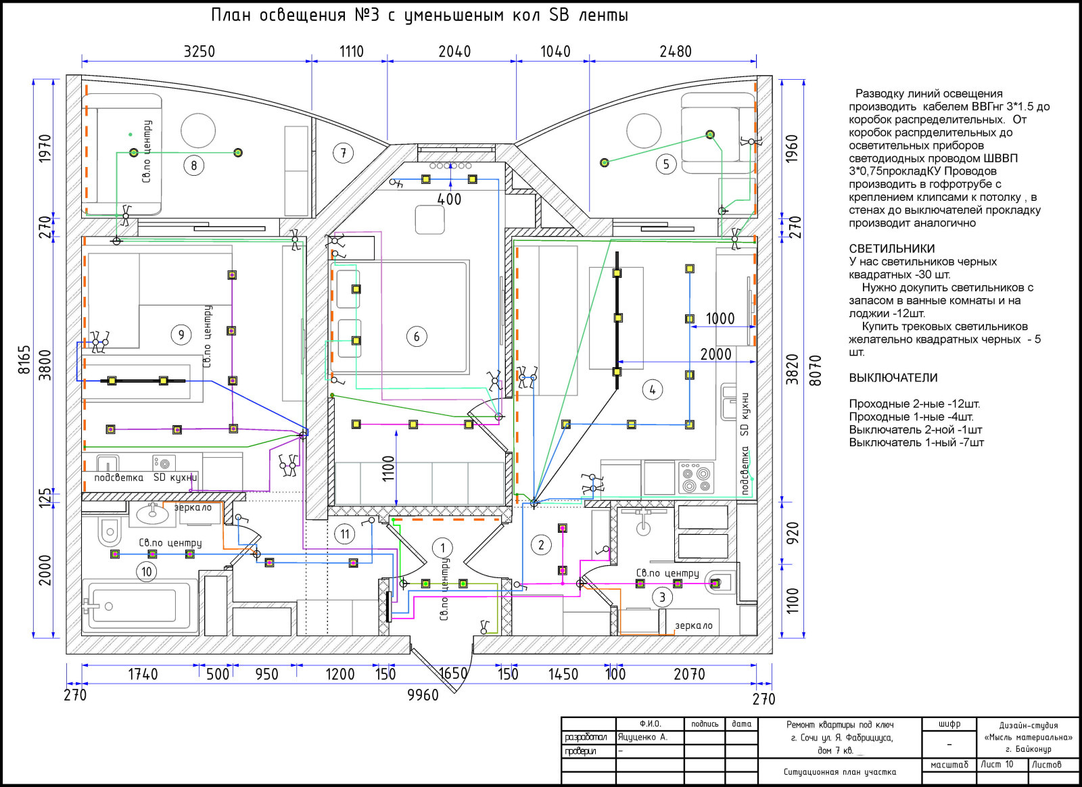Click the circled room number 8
(193, 166)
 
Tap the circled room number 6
(417, 337)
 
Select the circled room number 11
(345, 534)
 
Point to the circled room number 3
(662, 597)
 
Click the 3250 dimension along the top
(199, 51)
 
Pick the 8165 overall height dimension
(24, 359)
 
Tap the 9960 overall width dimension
(423, 695)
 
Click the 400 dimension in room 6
(449, 199)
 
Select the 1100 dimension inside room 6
(389, 469)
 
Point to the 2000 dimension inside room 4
(716, 354)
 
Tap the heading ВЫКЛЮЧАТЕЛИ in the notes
(893, 377)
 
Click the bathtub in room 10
(139, 606)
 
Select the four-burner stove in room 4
(696, 478)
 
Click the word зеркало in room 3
(694, 625)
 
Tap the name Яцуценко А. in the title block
(642, 737)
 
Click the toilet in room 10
(109, 531)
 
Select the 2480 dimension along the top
(676, 51)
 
